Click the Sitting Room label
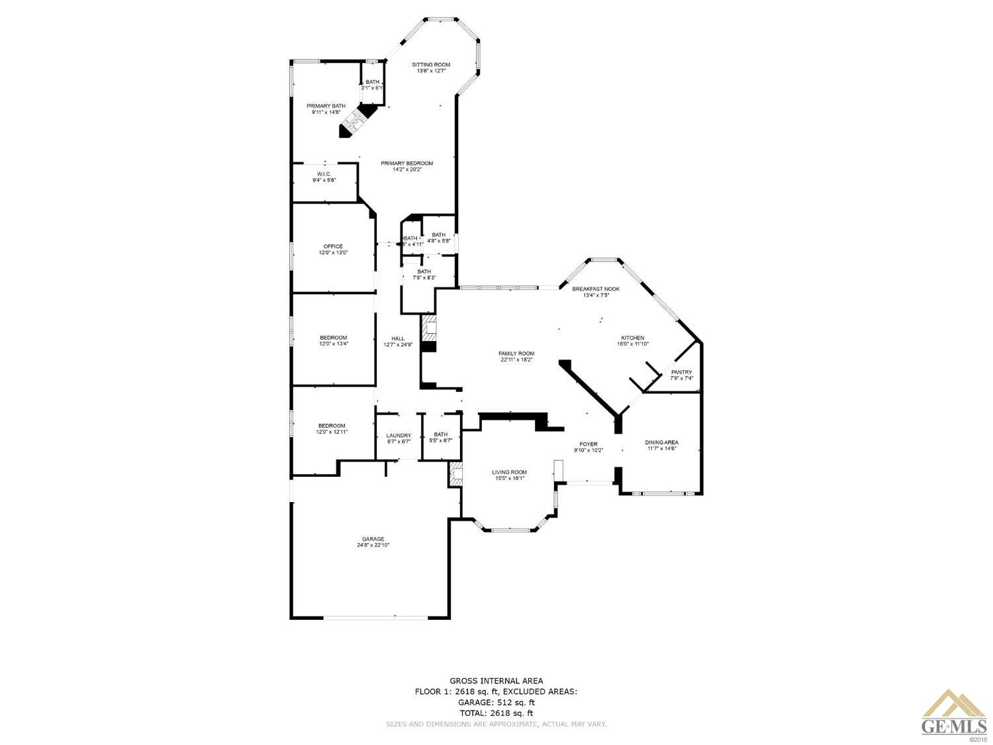tap(431, 65)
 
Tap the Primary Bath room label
tap(326, 106)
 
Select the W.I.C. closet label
tap(324, 174)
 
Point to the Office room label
tap(333, 246)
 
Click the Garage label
tap(373, 539)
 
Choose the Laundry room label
tap(399, 435)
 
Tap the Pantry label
tap(681, 372)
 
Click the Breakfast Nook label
tap(596, 289)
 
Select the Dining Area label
tap(661, 442)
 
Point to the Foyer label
tap(589, 444)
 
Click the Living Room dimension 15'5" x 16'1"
tap(509, 478)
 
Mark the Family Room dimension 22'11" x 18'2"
tap(516, 360)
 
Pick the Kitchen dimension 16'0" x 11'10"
tap(632, 344)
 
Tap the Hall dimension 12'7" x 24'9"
tap(398, 344)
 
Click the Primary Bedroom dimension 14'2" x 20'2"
tap(406, 170)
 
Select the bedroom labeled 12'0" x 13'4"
tap(333, 340)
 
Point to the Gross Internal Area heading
tap(496, 680)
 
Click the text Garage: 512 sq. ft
tap(496, 702)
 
